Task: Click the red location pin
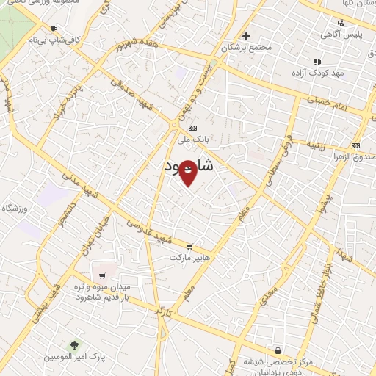(x=188, y=173)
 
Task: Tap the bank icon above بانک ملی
(x=192, y=127)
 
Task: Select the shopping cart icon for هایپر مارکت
(x=189, y=247)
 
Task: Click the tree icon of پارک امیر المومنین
(x=73, y=344)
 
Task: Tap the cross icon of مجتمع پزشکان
(x=246, y=36)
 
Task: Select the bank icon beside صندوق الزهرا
(x=356, y=145)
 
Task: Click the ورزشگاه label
(x=15, y=209)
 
